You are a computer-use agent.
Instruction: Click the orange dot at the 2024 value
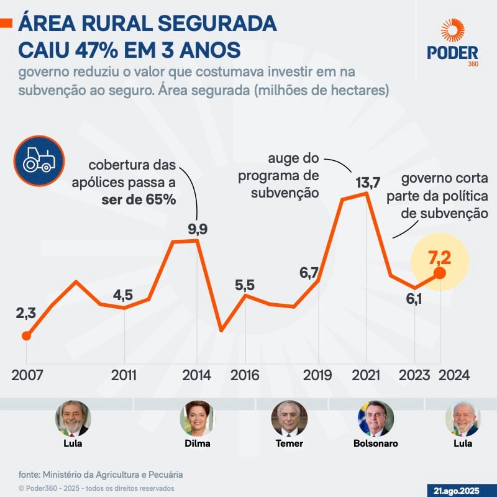point(440,273)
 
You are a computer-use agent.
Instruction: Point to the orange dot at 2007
point(26,336)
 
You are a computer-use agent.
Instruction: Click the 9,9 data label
point(198,229)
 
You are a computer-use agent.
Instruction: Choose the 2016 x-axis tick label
point(245,376)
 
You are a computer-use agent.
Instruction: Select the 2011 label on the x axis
point(125,376)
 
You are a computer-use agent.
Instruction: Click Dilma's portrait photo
point(198,417)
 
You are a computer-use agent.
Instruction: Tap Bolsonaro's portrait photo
point(375,417)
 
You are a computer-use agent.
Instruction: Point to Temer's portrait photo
point(289,417)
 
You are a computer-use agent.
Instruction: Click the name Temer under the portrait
point(289,444)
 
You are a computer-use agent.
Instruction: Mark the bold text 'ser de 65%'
point(139,200)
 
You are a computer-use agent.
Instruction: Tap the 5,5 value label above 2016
point(245,285)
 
